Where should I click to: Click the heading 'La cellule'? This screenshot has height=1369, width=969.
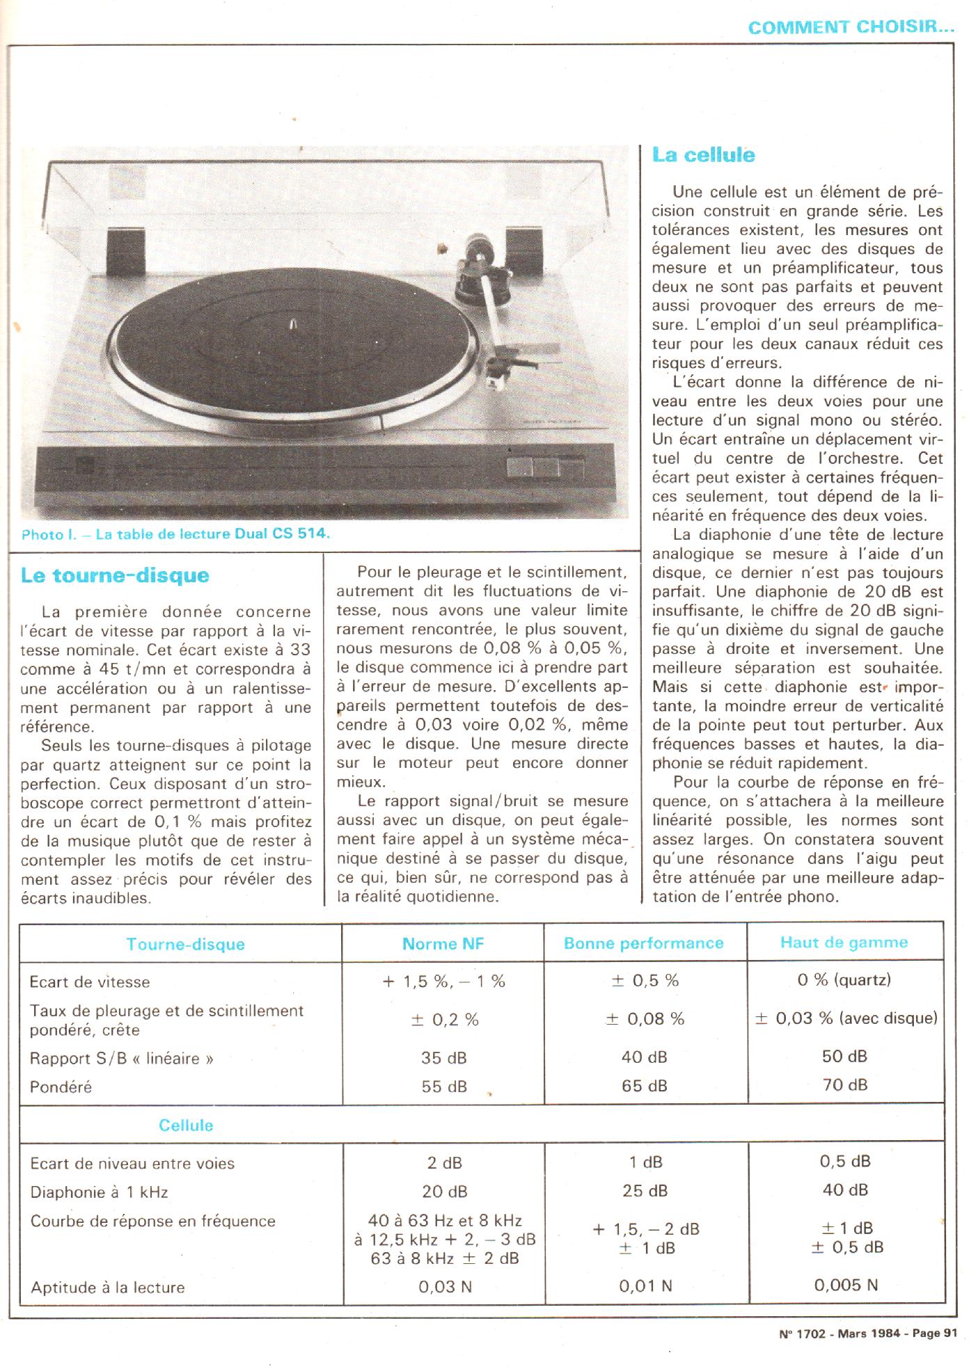coord(703,154)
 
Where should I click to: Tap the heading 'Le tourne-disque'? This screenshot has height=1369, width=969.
coord(115,575)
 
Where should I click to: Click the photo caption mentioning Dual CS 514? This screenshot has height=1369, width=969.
coord(175,534)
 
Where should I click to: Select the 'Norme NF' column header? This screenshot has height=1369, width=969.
coord(443,943)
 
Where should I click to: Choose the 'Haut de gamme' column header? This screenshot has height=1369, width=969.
coord(844,943)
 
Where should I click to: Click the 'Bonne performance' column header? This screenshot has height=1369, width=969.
coord(643,943)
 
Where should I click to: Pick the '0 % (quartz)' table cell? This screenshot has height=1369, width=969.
coord(844,980)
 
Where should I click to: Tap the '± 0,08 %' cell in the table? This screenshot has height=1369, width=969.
coord(645,1019)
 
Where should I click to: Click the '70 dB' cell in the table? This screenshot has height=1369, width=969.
coord(844,1084)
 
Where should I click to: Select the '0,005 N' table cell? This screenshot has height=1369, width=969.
coord(845,1285)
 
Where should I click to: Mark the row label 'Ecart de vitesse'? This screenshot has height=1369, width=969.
coord(89,982)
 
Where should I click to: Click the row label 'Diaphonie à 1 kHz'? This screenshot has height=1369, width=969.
coord(99,1192)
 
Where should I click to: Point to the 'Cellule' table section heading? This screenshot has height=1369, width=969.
coord(186,1125)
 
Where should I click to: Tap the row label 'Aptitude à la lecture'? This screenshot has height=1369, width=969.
coord(107,1288)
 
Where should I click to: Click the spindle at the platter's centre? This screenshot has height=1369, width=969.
coord(293,324)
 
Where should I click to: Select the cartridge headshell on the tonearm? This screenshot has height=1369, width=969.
coord(517,365)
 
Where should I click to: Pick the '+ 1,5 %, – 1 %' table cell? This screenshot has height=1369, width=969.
coord(443,982)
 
